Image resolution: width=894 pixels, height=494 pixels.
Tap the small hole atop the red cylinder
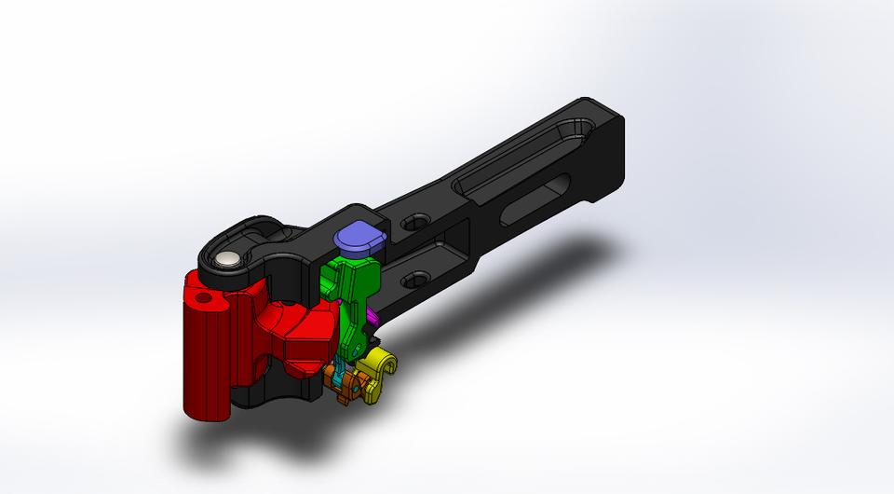point(204,300)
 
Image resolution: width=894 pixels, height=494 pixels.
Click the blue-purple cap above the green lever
point(357,239)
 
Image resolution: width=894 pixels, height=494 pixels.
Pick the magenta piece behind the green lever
point(372,319)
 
